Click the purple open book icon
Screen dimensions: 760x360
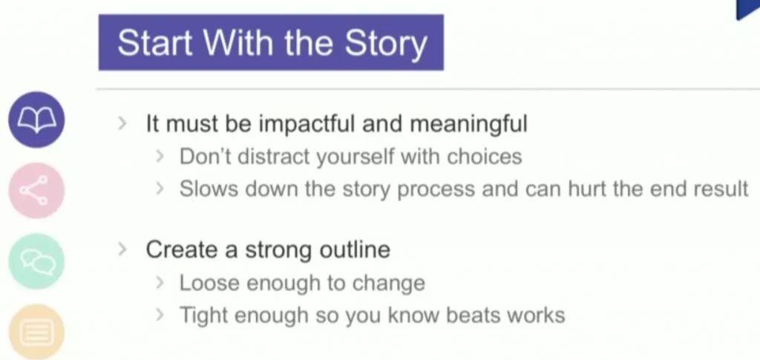pos(36,120)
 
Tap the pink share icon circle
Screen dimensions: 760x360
pos(36,191)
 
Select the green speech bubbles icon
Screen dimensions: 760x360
pos(36,261)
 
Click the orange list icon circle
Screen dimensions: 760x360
pos(36,332)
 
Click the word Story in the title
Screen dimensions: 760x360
pos(386,44)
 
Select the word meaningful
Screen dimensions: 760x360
pos(469,125)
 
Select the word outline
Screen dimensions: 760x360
pos(354,250)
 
